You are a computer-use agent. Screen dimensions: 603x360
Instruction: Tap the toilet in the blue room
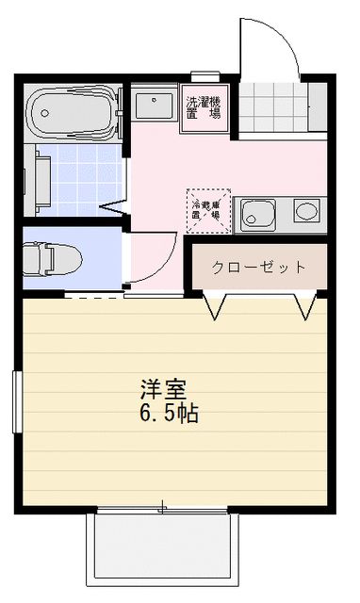click(51, 256)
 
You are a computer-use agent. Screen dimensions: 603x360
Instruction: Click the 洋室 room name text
click(163, 389)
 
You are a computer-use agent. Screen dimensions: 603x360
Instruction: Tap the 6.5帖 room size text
click(170, 413)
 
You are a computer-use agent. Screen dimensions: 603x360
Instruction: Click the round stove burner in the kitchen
click(305, 209)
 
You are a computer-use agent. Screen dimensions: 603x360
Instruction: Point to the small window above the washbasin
click(205, 77)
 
